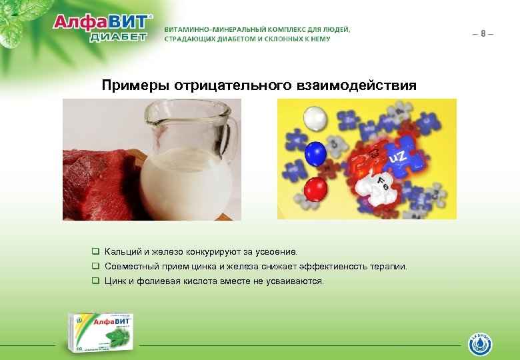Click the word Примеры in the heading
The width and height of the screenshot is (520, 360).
135,86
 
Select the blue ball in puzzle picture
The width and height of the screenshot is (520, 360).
316,153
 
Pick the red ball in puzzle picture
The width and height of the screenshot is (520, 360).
315,190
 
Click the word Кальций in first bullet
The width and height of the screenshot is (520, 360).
123,252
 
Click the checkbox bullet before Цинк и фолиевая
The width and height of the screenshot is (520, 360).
96,281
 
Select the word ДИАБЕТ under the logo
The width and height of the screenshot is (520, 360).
117,37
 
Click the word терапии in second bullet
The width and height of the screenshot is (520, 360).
389,267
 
